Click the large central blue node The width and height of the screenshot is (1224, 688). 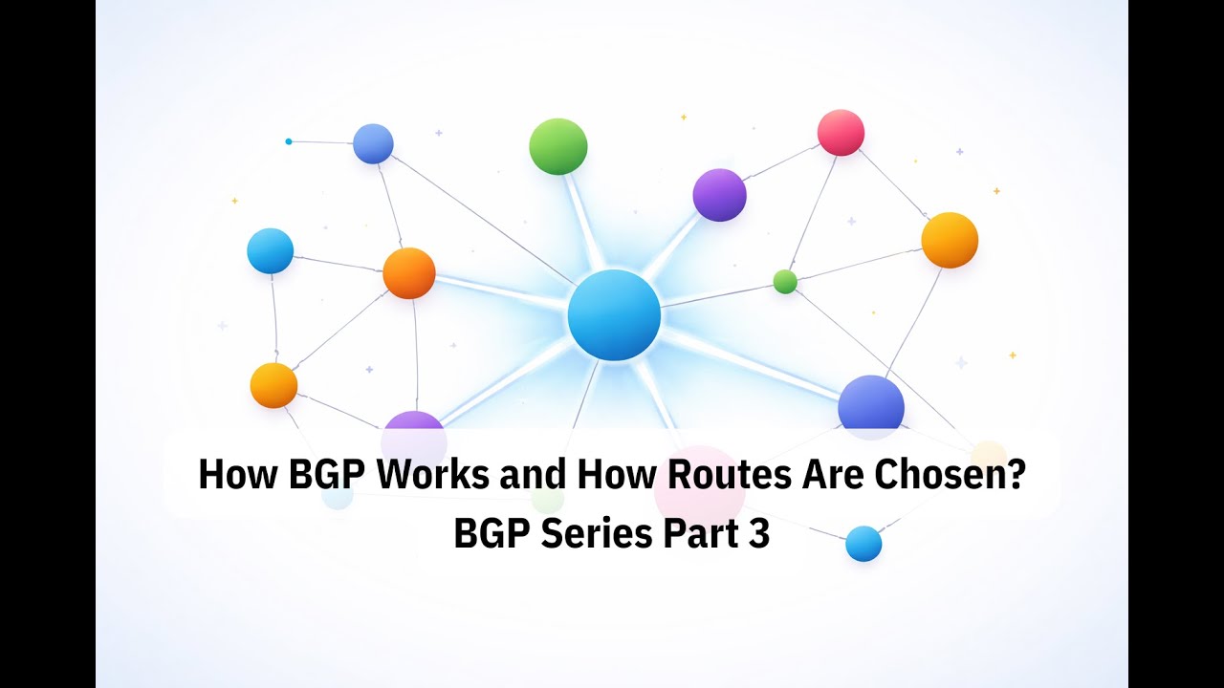[x=614, y=315]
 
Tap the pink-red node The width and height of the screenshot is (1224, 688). [x=841, y=133]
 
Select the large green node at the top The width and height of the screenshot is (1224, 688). [x=558, y=146]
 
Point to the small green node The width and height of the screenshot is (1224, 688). [x=785, y=282]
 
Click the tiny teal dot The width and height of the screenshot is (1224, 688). [x=289, y=141]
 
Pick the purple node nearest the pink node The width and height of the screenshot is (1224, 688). [x=719, y=195]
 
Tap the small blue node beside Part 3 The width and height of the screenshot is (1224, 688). [x=863, y=544]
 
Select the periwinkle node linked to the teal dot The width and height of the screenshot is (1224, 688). [x=373, y=144]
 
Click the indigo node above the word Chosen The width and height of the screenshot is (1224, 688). [x=871, y=406]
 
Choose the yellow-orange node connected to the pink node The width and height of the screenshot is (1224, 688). [x=950, y=240]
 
